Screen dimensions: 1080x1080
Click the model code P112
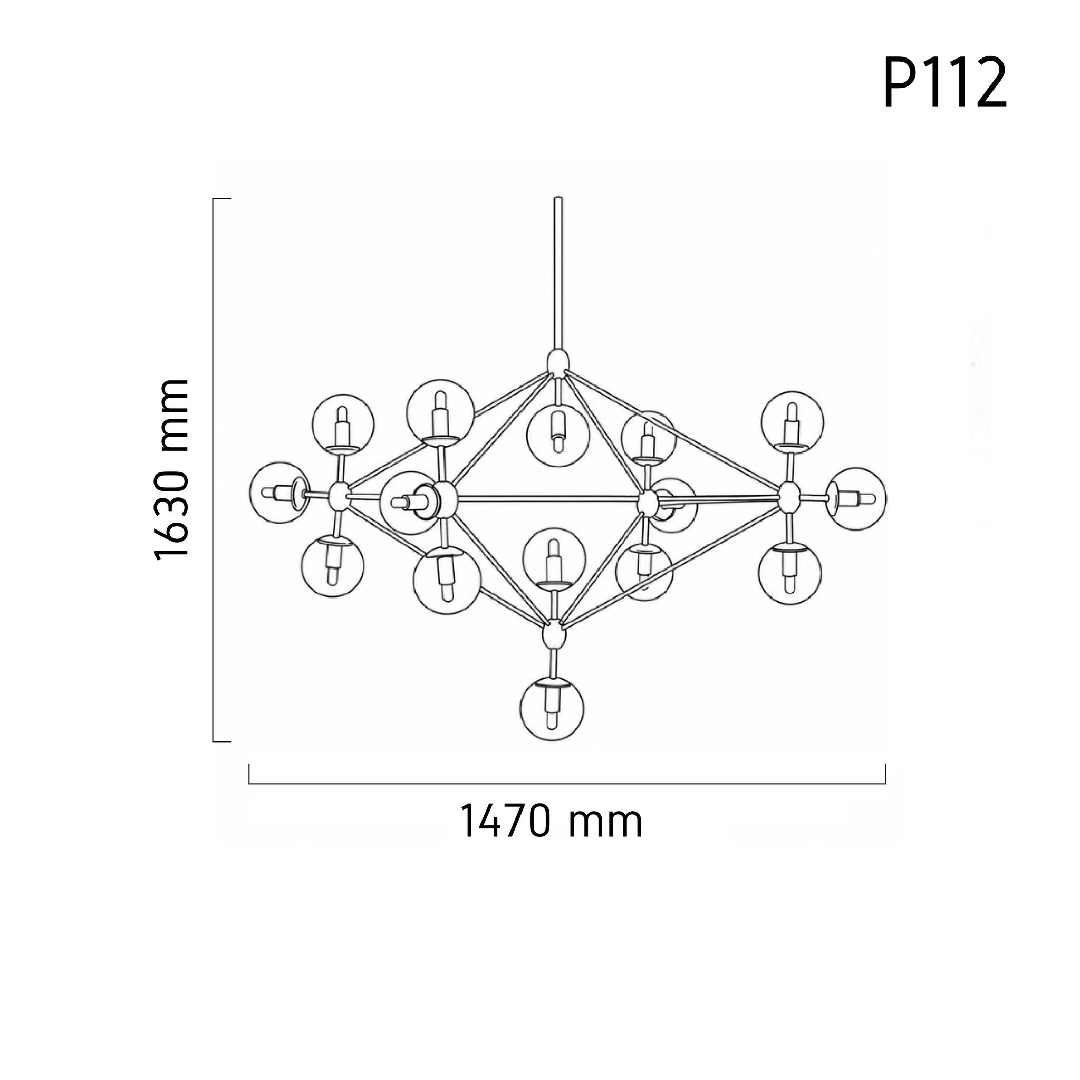pyautogui.click(x=944, y=83)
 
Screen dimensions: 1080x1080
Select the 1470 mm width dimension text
pyautogui.click(x=551, y=821)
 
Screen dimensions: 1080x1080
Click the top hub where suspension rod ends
pyautogui.click(x=557, y=362)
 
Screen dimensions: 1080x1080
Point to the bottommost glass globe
pyautogui.click(x=552, y=709)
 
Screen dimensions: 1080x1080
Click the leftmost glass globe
pyautogui.click(x=279, y=493)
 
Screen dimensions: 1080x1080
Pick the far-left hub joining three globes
pyautogui.click(x=338, y=495)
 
